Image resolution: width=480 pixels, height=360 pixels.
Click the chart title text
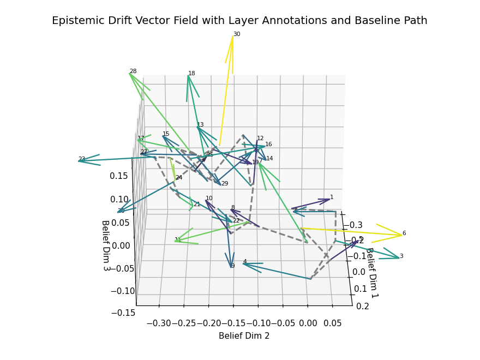(239, 21)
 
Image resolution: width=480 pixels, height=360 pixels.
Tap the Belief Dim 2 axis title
(244, 336)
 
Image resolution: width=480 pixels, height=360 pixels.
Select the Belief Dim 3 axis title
(105, 245)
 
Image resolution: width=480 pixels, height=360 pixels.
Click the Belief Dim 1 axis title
(372, 273)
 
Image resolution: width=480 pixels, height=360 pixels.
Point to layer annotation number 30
(237, 34)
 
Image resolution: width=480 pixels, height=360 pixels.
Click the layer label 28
(133, 71)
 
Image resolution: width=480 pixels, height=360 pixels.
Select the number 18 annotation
(191, 74)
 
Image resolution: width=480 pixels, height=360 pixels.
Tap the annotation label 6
(404, 233)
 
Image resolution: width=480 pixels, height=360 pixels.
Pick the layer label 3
(401, 256)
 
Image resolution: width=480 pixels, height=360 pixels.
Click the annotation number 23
(82, 160)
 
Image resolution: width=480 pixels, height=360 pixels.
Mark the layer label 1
(332, 197)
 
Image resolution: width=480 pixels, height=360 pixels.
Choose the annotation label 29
(225, 184)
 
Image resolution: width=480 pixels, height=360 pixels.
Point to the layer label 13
(200, 125)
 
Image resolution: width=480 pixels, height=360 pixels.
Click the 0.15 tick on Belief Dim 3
(118, 176)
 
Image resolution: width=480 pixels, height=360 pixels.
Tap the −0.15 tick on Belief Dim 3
(123, 313)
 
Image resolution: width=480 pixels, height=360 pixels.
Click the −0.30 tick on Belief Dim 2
(158, 323)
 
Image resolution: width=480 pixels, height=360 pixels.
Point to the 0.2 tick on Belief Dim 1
(362, 306)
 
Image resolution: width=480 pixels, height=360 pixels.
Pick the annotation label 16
(268, 145)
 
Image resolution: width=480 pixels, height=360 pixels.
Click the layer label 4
(245, 262)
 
